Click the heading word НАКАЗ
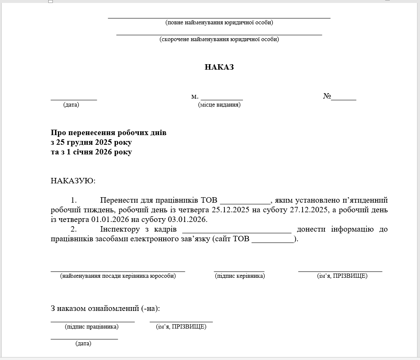click(219, 67)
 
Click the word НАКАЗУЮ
click(73, 181)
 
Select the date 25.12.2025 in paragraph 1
click(230, 210)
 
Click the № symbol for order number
click(327, 96)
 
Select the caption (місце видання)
click(219, 105)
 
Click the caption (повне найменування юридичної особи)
click(219, 23)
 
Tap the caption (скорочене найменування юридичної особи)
click(219, 39)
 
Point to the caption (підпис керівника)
click(240, 276)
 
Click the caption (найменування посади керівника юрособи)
click(118, 276)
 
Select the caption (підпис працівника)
click(92, 326)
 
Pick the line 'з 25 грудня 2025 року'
click(91, 142)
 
